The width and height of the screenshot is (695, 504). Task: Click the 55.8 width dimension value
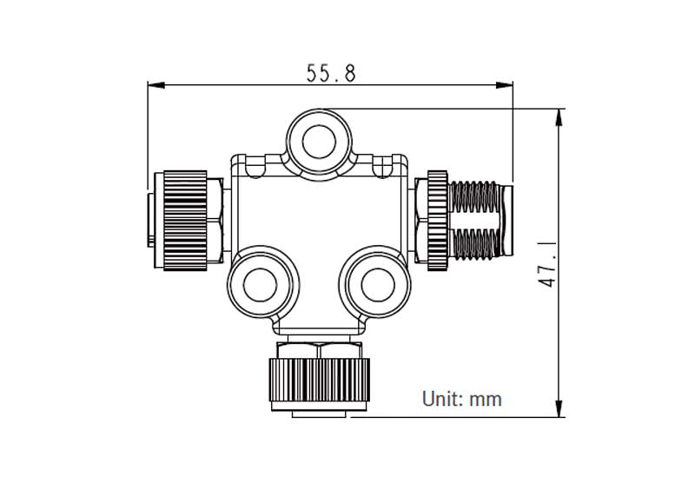click(331, 73)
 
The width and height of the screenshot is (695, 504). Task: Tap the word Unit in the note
click(439, 399)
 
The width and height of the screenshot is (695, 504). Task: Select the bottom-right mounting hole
click(375, 282)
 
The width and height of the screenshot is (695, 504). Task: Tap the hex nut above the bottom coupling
click(318, 349)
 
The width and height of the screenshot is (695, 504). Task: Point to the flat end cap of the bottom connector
click(318, 414)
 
